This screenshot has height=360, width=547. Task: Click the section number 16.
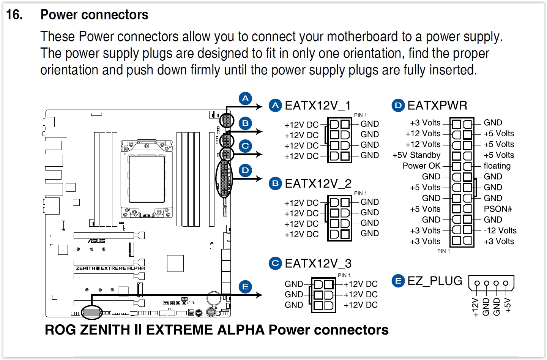click(x=14, y=15)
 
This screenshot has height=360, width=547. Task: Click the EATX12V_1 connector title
click(x=317, y=105)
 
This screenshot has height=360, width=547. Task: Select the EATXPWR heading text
click(x=437, y=105)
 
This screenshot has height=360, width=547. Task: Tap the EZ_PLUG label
click(x=435, y=281)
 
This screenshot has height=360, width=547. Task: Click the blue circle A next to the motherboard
click(x=245, y=99)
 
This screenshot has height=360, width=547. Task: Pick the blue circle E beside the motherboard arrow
click(x=245, y=287)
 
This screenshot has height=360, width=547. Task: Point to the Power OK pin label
click(x=421, y=166)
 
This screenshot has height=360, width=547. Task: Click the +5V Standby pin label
click(x=416, y=155)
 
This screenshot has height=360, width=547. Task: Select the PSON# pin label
click(x=498, y=209)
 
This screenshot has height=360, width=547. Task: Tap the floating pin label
click(x=497, y=166)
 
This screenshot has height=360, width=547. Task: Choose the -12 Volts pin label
click(x=500, y=231)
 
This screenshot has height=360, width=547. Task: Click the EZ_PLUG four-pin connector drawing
click(x=491, y=283)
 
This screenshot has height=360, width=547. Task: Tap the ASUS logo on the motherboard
click(x=97, y=241)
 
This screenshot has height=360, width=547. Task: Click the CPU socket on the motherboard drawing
click(x=147, y=179)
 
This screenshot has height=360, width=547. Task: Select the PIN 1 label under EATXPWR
click(x=443, y=251)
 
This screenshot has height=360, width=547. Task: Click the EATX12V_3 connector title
click(x=318, y=263)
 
